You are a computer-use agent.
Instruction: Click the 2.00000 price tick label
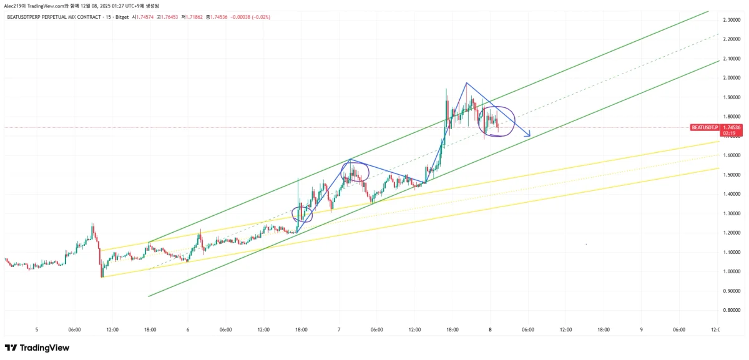(x=730, y=78)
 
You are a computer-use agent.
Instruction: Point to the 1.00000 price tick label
(x=730, y=271)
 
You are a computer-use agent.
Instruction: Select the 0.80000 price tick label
(x=730, y=310)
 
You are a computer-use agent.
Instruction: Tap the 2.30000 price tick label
(x=730, y=20)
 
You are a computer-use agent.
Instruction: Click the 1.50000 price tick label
(x=730, y=175)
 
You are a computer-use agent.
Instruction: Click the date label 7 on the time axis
(x=339, y=329)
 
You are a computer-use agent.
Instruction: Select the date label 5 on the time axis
(x=37, y=329)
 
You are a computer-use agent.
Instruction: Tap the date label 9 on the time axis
(x=641, y=329)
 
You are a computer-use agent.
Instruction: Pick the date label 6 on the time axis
(x=188, y=329)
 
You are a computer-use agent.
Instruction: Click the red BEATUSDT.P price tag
(x=704, y=127)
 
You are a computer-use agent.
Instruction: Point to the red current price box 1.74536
(x=731, y=127)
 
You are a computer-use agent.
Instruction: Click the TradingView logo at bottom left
(x=37, y=348)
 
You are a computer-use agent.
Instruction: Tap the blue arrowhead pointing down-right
(x=528, y=134)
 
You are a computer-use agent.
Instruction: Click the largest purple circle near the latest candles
(x=497, y=120)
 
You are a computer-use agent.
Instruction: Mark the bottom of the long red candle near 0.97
(x=102, y=276)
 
